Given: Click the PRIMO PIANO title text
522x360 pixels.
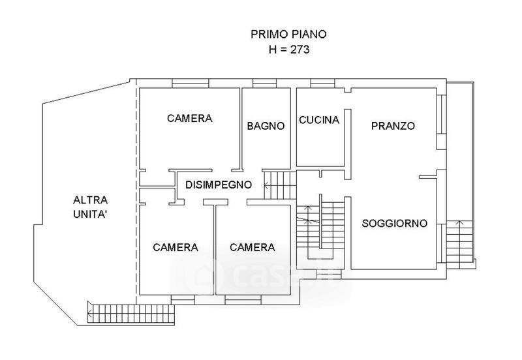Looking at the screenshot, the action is [288, 35].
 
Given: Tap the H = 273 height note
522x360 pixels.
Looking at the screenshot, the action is [289, 50].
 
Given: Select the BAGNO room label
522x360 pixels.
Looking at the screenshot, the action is [266, 126].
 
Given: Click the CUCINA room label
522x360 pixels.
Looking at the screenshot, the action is [319, 120].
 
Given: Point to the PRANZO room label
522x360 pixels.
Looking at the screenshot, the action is [393, 126].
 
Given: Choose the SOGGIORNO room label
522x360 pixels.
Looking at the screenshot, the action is [395, 223].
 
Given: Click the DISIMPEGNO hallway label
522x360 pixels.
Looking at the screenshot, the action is [219, 185].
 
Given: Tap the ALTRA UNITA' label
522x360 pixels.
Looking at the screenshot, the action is [90, 207].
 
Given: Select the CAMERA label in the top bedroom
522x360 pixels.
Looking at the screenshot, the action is [189, 119].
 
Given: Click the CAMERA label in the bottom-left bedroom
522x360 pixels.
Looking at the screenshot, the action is [176, 248].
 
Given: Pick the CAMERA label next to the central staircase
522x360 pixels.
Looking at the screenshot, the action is [253, 247].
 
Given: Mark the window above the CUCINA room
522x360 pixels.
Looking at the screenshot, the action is [322, 83].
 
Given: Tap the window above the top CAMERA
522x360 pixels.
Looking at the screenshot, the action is [191, 83].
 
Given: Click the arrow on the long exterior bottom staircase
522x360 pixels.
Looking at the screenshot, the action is [90, 313].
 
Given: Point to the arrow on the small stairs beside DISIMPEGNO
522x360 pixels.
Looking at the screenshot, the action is [267, 185].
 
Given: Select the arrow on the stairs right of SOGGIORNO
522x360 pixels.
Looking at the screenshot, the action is [460, 223].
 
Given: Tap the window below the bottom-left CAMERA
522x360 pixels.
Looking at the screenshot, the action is [183, 300].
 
